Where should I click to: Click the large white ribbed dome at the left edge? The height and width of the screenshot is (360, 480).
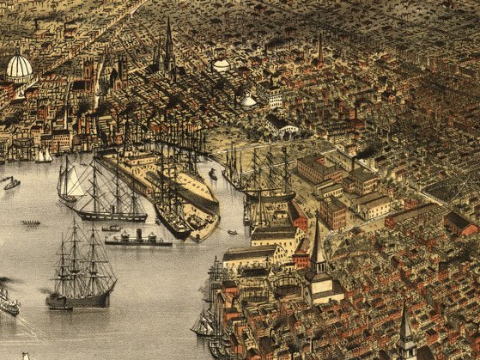[x=19, y=68]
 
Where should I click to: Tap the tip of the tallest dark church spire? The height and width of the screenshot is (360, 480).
[x=168, y=21]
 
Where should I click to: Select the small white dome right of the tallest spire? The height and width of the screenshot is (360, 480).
[x=221, y=64]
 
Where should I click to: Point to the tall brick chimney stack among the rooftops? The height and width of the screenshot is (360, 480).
[x=319, y=46]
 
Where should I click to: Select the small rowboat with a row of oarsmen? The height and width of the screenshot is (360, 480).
[x=31, y=223]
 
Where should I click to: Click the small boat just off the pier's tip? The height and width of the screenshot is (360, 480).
[x=232, y=231]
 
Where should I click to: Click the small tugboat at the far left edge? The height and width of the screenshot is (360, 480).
[x=11, y=183]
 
